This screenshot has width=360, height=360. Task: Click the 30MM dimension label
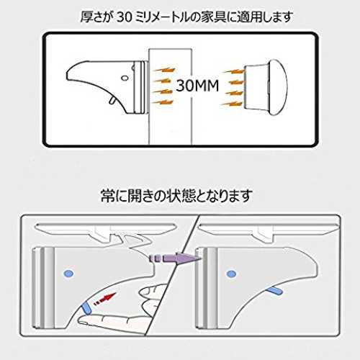197,86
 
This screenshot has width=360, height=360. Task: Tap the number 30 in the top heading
125,17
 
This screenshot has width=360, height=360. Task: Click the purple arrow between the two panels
175,258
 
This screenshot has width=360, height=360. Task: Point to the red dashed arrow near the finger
104,298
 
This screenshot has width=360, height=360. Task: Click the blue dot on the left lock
68,274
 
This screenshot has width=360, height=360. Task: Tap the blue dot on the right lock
231,274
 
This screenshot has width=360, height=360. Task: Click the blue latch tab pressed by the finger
86,308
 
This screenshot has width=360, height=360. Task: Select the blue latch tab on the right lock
274,291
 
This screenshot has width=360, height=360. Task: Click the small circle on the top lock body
125,78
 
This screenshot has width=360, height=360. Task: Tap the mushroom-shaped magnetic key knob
266,87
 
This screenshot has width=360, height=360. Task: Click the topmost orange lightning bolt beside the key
233,71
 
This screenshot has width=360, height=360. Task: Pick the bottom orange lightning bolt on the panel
163,103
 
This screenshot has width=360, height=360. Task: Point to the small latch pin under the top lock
112,100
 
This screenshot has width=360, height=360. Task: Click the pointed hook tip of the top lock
67,75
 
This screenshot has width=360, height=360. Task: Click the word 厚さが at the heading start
96,17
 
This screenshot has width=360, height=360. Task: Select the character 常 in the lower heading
107,195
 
